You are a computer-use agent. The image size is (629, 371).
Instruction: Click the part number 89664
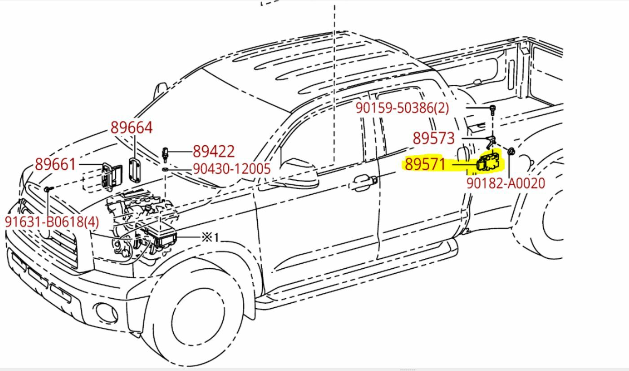(132, 128)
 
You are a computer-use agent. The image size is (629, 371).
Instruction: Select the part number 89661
(56, 165)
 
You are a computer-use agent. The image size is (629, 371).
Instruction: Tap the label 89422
(213, 151)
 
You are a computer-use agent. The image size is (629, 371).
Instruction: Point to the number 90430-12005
(232, 169)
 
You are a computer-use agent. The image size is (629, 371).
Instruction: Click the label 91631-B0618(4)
(52, 222)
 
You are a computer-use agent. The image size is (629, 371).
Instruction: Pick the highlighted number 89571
(425, 165)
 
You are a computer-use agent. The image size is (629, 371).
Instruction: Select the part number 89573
(433, 138)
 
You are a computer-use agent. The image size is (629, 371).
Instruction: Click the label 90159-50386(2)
(402, 108)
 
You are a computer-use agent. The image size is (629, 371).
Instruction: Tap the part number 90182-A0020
(506, 183)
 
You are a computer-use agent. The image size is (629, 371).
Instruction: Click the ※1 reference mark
(210, 237)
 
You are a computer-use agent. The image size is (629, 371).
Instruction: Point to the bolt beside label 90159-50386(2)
(493, 109)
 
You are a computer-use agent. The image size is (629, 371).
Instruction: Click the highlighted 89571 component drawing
(489, 163)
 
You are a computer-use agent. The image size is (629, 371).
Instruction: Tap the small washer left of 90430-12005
(165, 170)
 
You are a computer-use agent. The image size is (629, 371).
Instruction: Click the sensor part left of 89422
(165, 152)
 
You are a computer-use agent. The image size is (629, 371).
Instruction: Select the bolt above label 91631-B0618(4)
(47, 190)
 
